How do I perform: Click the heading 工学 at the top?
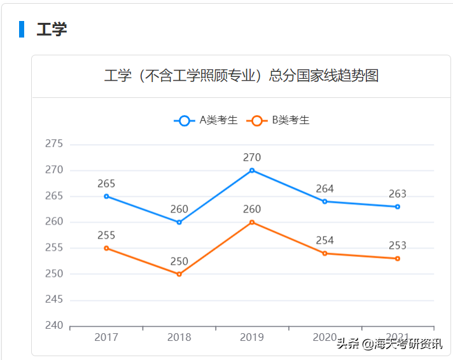[x=52, y=29]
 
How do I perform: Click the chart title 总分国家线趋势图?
[x=241, y=76]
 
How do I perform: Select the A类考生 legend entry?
[x=206, y=120]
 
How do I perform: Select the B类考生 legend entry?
[x=280, y=120]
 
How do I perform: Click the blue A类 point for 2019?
[x=252, y=170]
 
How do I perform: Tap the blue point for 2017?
[x=106, y=196]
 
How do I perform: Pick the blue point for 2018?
[x=179, y=222]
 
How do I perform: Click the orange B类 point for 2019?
[x=252, y=222]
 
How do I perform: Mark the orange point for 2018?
[x=179, y=274]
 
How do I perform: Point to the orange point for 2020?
[x=324, y=253]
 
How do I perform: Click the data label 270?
[x=252, y=158]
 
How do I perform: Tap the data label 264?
[x=324, y=189]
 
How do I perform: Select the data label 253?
[x=397, y=246]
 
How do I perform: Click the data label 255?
[x=106, y=235]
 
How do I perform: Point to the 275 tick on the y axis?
[x=54, y=144]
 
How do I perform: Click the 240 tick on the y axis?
[x=54, y=326]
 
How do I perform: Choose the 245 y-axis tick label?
[x=54, y=300]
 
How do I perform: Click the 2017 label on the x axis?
[x=106, y=337]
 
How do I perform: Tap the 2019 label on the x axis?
[x=252, y=337]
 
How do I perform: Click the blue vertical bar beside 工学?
[x=22, y=29]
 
